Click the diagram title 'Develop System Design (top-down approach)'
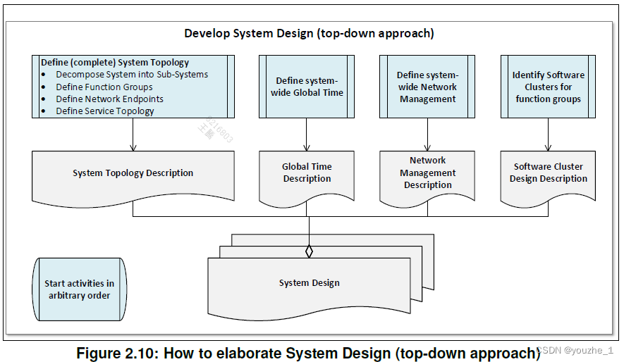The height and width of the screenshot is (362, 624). pos(309,33)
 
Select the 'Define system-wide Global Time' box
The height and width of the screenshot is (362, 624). pos(307,87)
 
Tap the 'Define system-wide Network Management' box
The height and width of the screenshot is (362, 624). pos(427,87)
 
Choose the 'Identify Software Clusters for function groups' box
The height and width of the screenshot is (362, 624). pos(548,87)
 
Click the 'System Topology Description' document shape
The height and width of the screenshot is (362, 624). pos(133,173)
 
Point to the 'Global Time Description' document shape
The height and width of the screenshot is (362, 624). pos(307,173)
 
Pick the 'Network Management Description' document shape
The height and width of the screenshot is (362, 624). pos(427,173)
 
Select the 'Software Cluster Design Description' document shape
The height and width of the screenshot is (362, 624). pos(548,173)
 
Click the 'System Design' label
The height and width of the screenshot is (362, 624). pos(309,283)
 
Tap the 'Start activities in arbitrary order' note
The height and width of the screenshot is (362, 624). pos(79,289)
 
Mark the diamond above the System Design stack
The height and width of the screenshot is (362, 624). pos(308,251)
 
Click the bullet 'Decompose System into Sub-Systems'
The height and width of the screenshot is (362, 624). pos(132,74)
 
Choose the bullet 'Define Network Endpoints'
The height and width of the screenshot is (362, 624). pos(109,99)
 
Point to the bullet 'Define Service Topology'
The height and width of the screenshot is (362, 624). pos(105,111)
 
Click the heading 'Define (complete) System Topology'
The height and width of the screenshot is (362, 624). pos(115,62)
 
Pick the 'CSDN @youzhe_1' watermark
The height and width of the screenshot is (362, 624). pos(578,350)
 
